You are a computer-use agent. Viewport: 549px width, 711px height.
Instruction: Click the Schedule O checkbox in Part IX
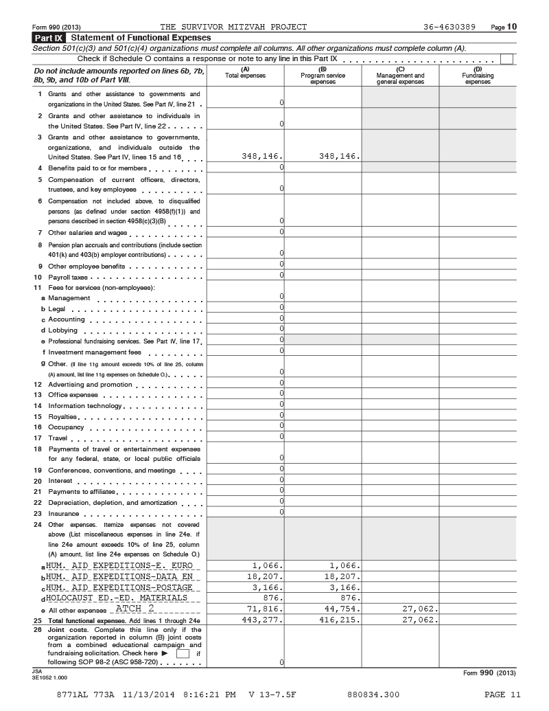click(506, 59)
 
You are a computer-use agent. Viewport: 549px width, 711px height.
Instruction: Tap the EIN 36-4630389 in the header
click(449, 27)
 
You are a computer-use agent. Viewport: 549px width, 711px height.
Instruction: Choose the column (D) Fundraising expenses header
click(478, 76)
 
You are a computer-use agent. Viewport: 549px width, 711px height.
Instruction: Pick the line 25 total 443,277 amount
click(263, 620)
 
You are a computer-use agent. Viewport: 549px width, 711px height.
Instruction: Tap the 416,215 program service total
click(340, 620)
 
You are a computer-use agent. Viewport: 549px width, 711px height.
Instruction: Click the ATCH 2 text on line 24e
click(135, 609)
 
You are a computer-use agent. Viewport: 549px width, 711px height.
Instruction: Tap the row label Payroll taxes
click(66, 277)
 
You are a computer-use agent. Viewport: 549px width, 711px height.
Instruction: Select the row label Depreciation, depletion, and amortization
click(113, 503)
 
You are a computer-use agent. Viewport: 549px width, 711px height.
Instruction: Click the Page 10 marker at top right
click(504, 27)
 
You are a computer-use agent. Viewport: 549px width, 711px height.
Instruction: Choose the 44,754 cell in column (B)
click(340, 609)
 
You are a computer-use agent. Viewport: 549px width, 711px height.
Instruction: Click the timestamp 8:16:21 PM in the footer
click(209, 695)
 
